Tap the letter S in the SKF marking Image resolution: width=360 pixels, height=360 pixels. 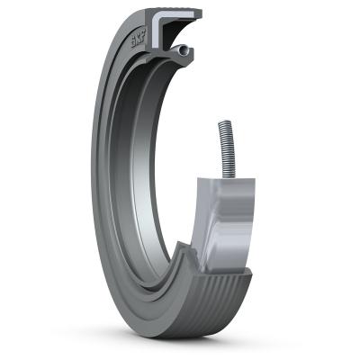(132, 42)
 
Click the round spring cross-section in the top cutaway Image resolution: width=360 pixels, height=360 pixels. (183, 50)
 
